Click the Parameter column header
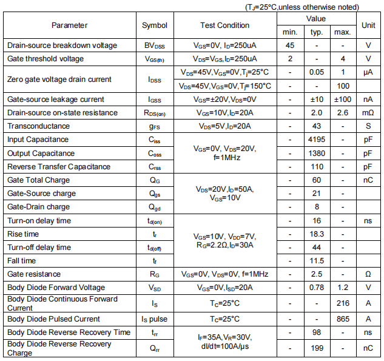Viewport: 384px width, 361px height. pos(69,25)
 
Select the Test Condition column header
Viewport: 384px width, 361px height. pos(224,25)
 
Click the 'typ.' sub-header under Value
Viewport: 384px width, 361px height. pos(317,32)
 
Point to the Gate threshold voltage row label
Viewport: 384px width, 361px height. pos(45,59)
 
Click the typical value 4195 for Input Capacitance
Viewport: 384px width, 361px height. pos(317,140)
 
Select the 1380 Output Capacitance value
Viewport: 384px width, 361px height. pos(317,154)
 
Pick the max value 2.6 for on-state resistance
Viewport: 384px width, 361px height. pos(343,113)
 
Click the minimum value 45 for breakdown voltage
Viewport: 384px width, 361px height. pos(290,46)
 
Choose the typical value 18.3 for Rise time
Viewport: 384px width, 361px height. pos(317,234)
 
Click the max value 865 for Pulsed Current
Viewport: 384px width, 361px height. pos(343,319)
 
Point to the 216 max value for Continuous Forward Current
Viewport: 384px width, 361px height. pos(343,303)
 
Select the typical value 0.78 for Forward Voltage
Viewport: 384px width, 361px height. pos(317,288)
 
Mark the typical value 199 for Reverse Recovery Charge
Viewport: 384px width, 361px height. pos(317,348)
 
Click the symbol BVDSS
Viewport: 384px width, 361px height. pos(155,46)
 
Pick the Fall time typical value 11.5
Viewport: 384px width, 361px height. pos(317,261)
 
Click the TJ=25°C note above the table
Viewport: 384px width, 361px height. pos(301,7)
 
